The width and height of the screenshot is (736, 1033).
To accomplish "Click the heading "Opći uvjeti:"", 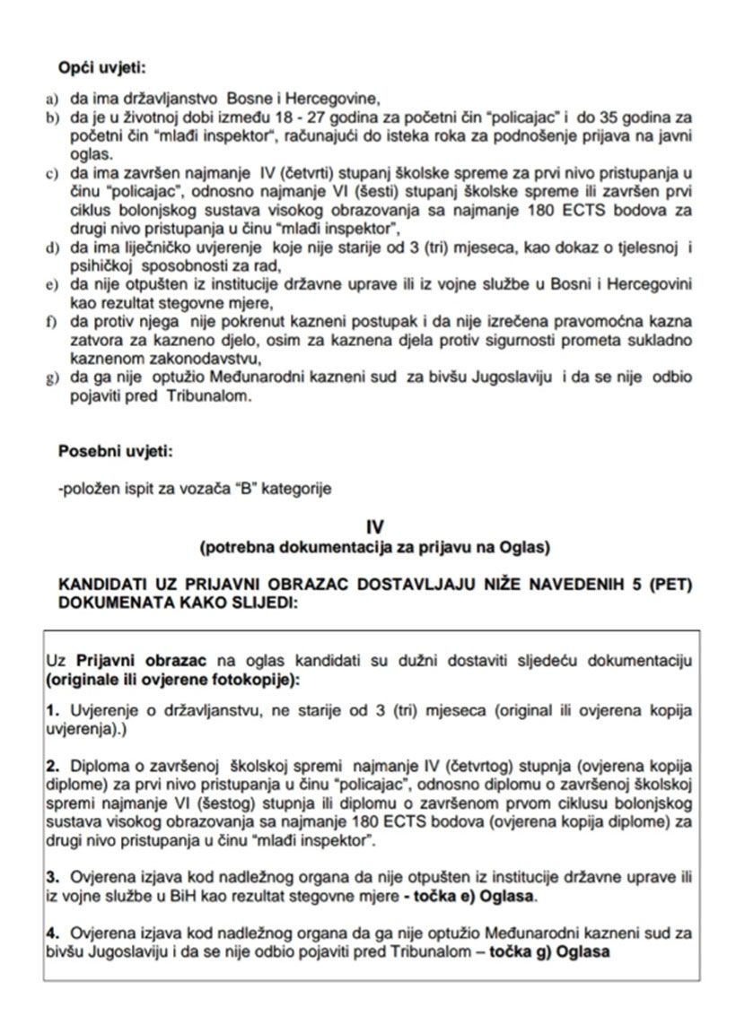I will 101,69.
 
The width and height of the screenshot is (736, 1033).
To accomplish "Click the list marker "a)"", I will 51,99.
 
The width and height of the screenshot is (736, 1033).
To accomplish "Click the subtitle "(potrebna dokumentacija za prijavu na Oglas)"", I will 375,545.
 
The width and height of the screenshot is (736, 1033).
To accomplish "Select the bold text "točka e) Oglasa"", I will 486,897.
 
